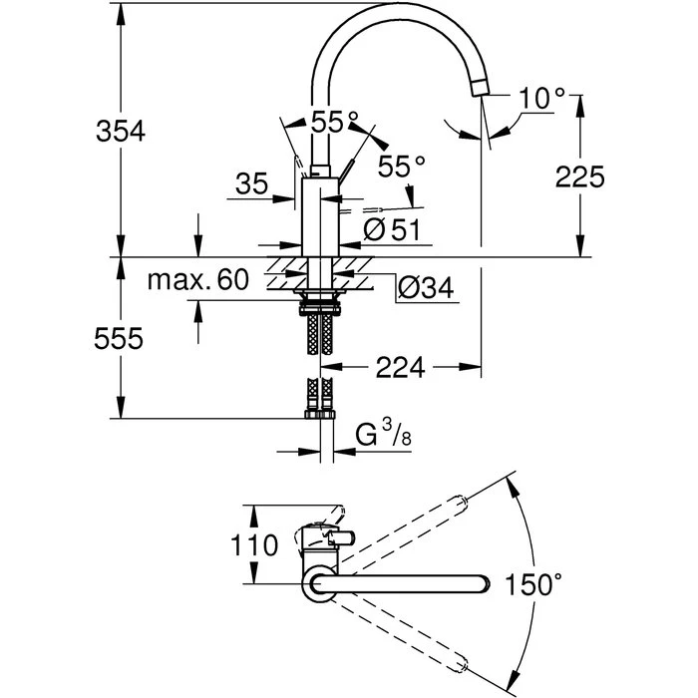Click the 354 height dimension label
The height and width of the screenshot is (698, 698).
tap(121, 131)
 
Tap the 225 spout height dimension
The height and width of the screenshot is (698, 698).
tap(579, 176)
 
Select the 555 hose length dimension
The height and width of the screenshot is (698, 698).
tap(119, 338)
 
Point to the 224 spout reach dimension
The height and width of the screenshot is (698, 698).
tap(400, 368)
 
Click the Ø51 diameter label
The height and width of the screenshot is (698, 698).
tap(391, 229)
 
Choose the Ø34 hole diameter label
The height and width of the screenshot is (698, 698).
tap(426, 287)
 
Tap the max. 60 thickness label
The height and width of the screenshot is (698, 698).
tap(198, 280)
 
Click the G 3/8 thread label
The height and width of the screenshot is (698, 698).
tap(383, 433)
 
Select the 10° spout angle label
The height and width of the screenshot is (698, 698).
tap(541, 98)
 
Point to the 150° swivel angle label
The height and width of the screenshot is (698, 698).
tap(533, 584)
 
